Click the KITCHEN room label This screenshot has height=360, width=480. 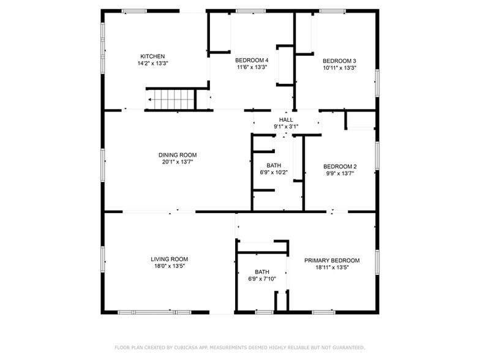(x=152, y=56)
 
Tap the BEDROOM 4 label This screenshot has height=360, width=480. (x=252, y=60)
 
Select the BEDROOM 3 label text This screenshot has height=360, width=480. (x=339, y=61)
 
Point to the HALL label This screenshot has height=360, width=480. (x=286, y=120)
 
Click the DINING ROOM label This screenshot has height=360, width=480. (x=178, y=156)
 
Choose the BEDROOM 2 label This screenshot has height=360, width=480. (x=340, y=167)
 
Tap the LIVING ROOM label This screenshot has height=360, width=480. (x=169, y=260)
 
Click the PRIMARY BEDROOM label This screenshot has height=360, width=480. (x=332, y=261)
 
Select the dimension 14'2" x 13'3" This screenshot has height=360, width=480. (x=153, y=64)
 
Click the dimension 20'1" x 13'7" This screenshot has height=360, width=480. (x=178, y=162)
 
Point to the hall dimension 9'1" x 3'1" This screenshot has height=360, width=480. (x=286, y=126)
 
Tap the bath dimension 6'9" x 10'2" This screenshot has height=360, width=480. (x=274, y=173)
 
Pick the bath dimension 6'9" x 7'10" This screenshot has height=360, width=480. (x=262, y=279)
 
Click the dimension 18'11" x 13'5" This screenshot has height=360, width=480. (x=332, y=267)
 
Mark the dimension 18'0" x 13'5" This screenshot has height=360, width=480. (x=170, y=266)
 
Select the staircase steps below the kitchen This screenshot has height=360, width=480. (x=170, y=99)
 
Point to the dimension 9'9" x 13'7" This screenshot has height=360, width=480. (x=340, y=173)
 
